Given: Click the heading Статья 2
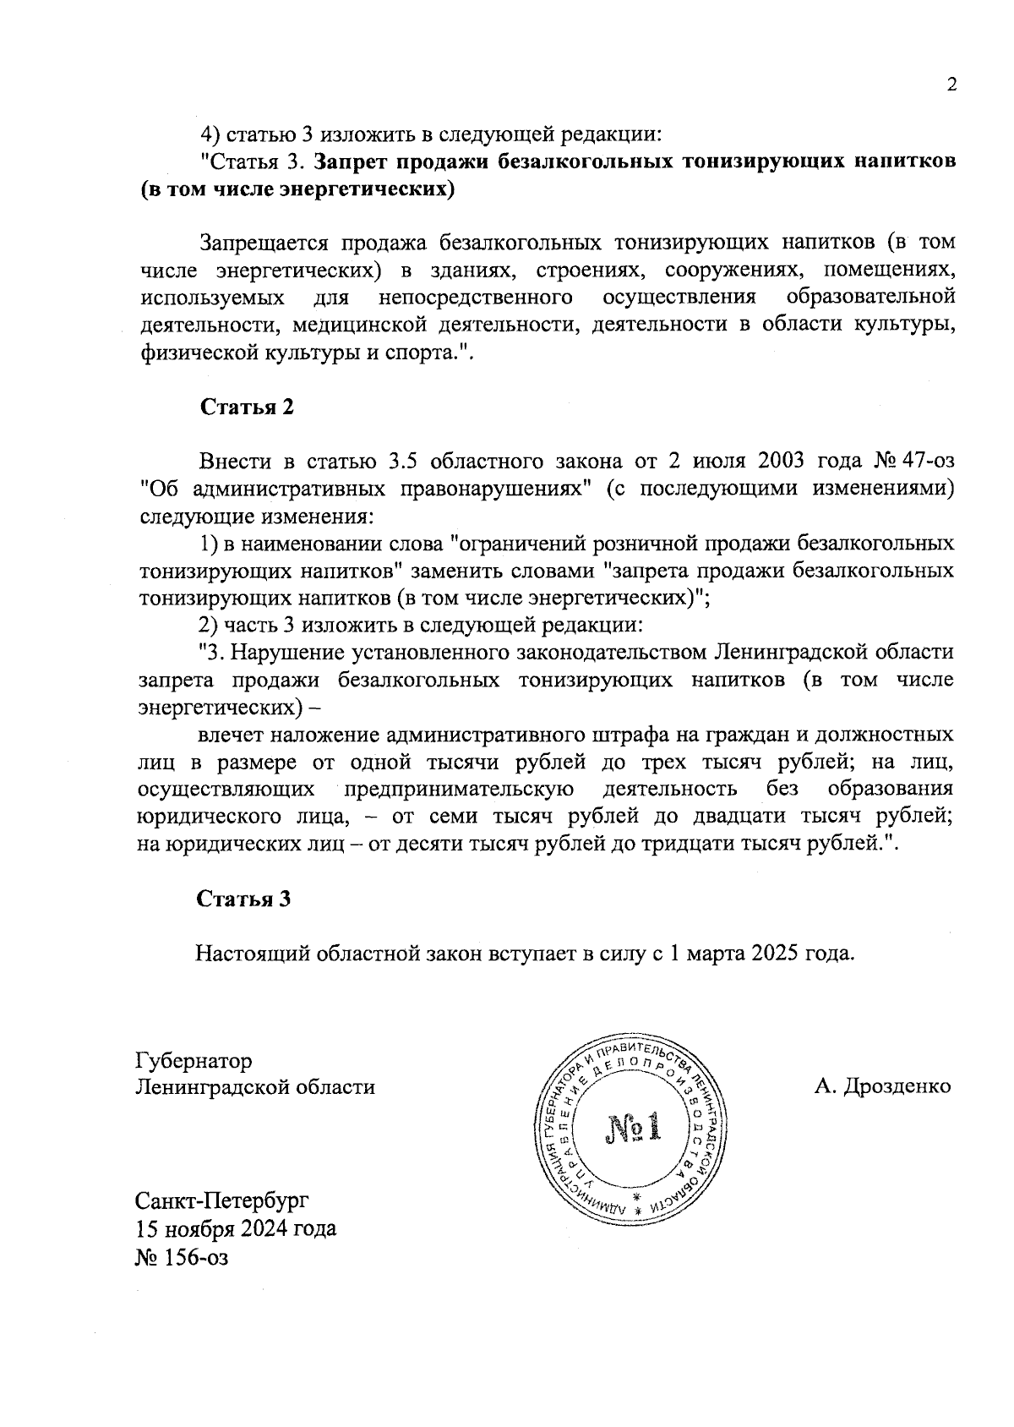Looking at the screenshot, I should [247, 407].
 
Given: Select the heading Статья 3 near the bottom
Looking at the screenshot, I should [244, 899].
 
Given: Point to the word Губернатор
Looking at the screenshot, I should [194, 1060].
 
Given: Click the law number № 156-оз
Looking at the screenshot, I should [182, 1257].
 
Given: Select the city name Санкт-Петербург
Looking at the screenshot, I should [222, 1200].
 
